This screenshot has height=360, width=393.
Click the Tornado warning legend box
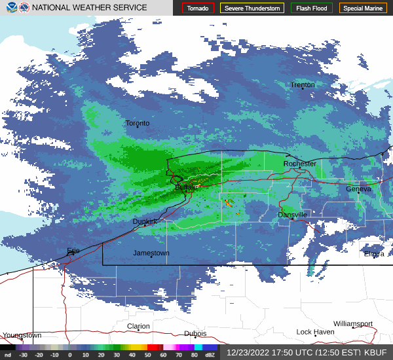point(198,9)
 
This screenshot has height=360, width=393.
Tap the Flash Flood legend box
point(312,9)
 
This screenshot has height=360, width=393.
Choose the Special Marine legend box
point(363,9)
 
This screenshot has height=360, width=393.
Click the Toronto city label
point(138,123)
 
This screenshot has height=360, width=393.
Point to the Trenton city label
point(303,85)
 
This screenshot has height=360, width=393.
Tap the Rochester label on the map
point(300,164)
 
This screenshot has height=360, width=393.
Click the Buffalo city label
point(187,187)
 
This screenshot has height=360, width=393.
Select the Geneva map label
point(358,189)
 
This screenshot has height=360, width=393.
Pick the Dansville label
point(292,215)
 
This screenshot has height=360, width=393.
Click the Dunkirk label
point(145,221)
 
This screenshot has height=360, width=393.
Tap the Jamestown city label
point(151,253)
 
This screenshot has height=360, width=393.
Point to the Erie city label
point(73,251)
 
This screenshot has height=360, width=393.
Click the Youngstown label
point(22,335)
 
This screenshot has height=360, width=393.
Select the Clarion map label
point(138,326)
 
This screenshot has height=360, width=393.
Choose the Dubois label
point(195,333)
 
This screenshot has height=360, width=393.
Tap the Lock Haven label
point(315,332)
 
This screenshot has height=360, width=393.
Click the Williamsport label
point(352,324)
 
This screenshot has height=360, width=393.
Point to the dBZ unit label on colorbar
point(209,355)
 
